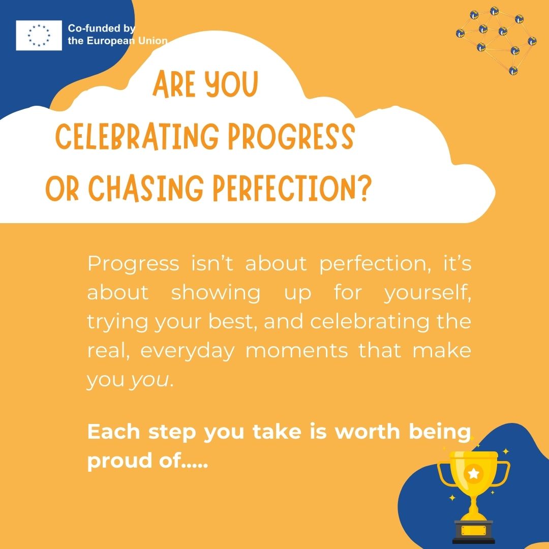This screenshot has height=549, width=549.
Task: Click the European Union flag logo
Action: pos(39,36)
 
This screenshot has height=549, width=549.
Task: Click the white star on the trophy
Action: pos(473,473)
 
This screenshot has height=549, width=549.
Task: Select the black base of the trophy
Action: pos(474,532)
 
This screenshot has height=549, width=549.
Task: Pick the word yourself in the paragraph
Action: pos(428,292)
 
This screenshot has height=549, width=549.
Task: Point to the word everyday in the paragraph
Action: pos(187,351)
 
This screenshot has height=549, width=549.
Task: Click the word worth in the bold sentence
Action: pos(368,432)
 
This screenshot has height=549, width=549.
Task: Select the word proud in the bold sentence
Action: pos(119,461)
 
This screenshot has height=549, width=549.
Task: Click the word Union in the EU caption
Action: pos(153,41)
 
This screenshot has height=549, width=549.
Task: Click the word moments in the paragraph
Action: pos(296,351)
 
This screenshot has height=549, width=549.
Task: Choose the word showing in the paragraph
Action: pos(216,293)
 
